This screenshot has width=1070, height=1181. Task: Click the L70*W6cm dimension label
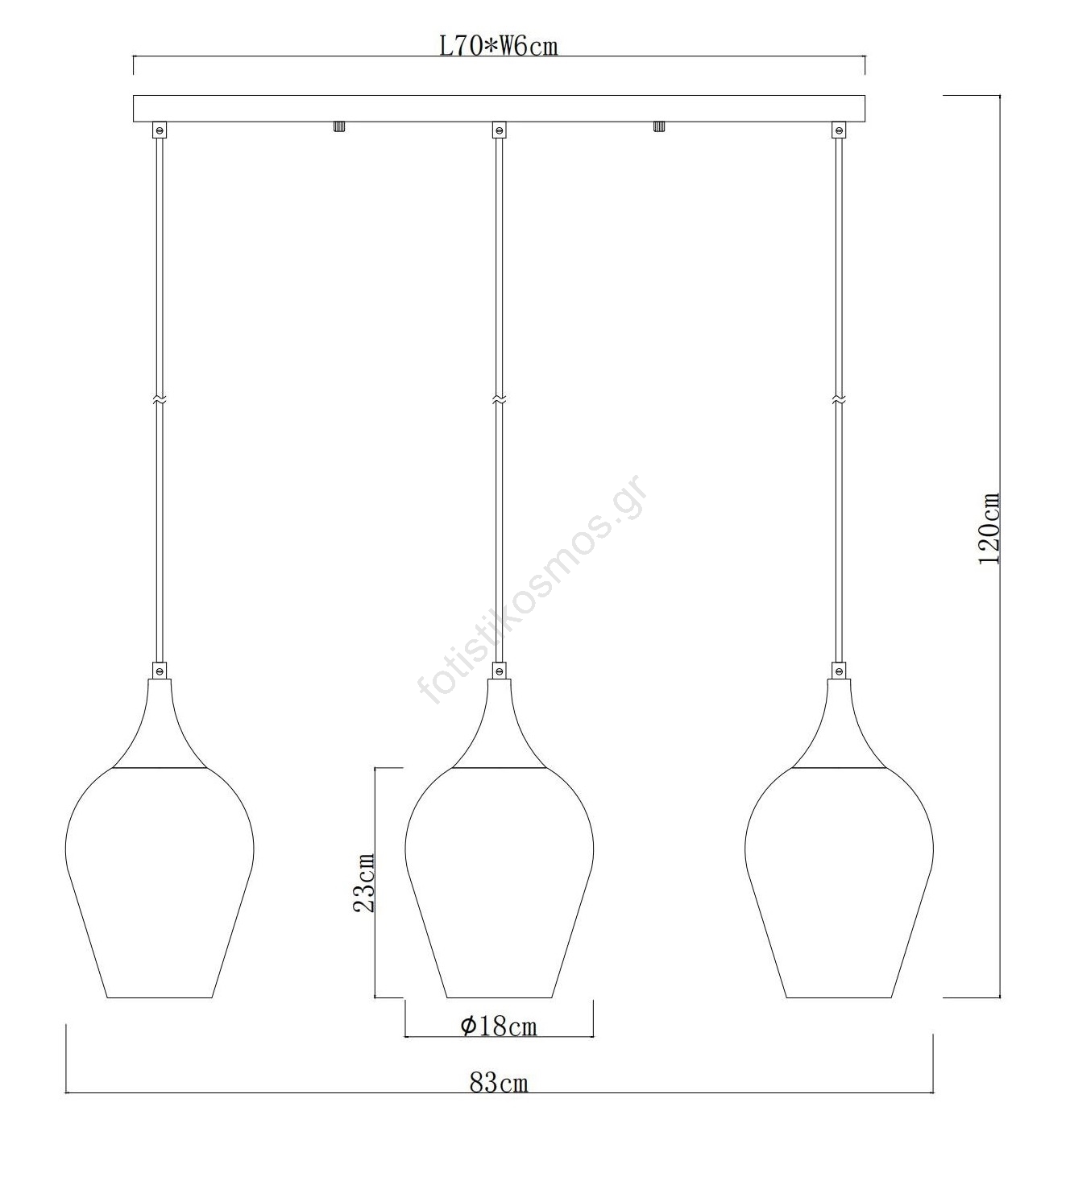pos(499,46)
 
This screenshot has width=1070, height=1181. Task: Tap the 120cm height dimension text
pos(990,528)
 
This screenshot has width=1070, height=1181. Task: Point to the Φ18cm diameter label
pos(499,1026)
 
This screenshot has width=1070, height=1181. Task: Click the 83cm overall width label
pos(499,1082)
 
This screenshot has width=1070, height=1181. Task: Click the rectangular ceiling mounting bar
pos(499,109)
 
